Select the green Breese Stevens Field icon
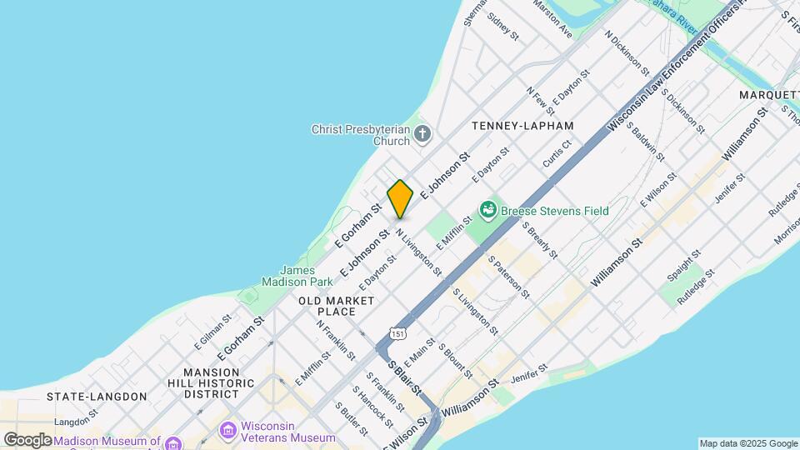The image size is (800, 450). [488, 210]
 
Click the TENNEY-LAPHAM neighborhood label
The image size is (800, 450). [522, 125]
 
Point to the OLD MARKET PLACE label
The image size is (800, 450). [336, 305]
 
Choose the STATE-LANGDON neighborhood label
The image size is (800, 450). [97, 397]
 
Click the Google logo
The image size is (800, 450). [27, 439]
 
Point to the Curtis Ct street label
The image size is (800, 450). [557, 154]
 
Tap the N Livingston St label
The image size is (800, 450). [419, 252]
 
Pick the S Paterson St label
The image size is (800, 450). [509, 277]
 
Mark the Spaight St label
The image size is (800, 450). [681, 266]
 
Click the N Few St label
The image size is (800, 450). [541, 101]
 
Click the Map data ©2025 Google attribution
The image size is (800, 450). [747, 443]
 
